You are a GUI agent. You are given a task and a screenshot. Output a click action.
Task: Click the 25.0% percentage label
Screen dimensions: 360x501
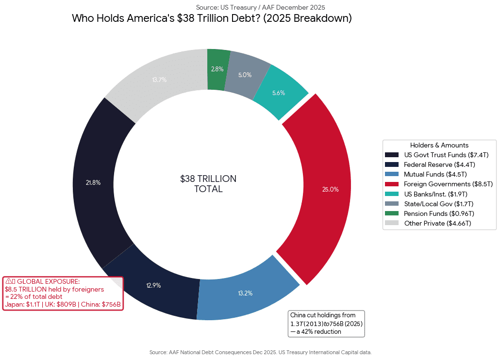330,189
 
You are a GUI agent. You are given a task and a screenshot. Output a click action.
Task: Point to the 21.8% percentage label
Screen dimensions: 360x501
93,183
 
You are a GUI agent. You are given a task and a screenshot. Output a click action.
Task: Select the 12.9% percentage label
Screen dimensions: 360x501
153,285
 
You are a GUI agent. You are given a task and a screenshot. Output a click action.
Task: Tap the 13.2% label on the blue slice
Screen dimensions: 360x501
245,293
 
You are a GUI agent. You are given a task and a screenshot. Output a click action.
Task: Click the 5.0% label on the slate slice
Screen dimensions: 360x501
245,75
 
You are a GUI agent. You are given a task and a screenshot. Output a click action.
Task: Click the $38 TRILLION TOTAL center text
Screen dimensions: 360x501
208,184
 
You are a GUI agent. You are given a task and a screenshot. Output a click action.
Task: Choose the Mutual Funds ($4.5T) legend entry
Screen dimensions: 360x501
435,174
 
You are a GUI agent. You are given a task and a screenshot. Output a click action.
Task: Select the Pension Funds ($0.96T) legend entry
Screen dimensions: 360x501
439,213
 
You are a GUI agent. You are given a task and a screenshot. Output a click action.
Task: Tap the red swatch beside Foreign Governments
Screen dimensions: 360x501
391,184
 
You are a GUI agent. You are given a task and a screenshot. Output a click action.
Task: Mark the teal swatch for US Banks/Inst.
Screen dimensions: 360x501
391,194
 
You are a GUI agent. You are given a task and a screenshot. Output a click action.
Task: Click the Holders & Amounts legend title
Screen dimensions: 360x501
439,145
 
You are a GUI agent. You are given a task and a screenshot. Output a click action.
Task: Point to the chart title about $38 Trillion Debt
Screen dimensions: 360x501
212,18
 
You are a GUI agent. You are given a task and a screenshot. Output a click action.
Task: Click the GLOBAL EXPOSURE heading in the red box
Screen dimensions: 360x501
48,281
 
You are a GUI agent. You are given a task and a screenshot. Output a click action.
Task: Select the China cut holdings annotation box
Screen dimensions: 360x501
326,324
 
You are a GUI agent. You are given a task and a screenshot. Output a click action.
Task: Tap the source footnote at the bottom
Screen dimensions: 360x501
260,352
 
